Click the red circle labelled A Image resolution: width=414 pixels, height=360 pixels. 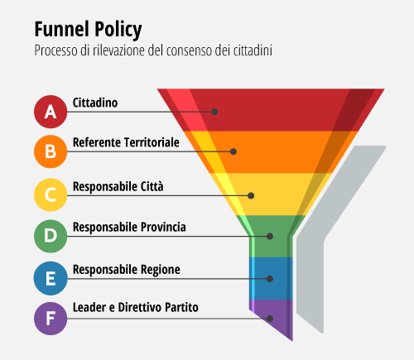[x=51, y=112]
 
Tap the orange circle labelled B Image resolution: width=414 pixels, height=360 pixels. [x=51, y=151]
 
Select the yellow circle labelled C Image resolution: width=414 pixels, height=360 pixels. [x=51, y=194]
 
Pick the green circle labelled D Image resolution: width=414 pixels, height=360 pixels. [x=51, y=236]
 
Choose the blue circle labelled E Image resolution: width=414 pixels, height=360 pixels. [x=51, y=278]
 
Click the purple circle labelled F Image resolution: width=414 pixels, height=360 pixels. [x=51, y=319]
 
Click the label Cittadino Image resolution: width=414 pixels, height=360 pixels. [x=95, y=103]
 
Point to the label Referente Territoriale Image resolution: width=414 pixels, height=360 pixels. [x=126, y=142]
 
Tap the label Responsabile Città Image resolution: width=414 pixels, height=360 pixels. [x=118, y=187]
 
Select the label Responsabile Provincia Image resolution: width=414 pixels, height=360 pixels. [x=129, y=228]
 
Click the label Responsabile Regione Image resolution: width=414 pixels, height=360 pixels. [x=127, y=270]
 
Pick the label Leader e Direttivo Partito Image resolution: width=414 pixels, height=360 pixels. [x=136, y=307]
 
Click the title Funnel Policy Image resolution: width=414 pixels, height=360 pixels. [x=88, y=30]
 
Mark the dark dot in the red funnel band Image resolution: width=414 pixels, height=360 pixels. [x=214, y=112]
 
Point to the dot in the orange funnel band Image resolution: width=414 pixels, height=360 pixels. [x=233, y=151]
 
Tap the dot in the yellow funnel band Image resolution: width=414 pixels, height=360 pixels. [x=251, y=195]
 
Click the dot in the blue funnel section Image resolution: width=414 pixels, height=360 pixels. [x=270, y=279]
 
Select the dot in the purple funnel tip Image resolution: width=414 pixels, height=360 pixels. [x=270, y=319]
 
